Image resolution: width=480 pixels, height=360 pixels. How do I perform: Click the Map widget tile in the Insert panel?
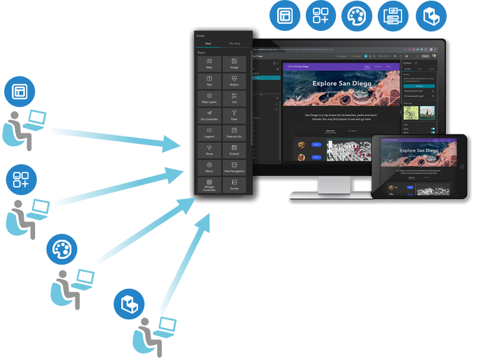click(209, 63)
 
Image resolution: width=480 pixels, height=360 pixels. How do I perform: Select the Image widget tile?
click(234, 63)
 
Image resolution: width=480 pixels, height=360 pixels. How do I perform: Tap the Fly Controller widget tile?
click(209, 114)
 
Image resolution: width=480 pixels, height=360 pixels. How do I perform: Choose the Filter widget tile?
click(234, 114)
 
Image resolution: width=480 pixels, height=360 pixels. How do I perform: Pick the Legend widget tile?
click(209, 132)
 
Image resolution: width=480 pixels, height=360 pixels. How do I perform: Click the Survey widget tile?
click(234, 183)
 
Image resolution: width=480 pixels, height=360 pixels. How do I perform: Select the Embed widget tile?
click(234, 149)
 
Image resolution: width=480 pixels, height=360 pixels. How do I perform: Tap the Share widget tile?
click(209, 149)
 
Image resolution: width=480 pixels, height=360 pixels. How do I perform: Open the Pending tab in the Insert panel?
click(235, 43)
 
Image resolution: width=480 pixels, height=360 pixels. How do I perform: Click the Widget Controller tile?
click(209, 184)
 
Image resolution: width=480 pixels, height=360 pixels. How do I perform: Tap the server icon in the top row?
click(393, 16)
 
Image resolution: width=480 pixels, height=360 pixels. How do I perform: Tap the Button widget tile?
click(234, 80)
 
